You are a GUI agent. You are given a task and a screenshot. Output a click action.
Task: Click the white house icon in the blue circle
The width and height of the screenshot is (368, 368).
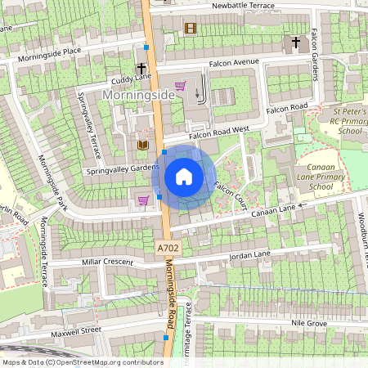(184, 177)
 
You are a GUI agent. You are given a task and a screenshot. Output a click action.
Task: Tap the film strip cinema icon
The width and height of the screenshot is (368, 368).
(191, 29)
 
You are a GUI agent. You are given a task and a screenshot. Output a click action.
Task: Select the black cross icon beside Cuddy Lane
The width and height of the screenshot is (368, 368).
(141, 69)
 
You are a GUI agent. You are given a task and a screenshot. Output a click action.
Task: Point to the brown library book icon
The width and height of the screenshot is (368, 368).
(142, 145)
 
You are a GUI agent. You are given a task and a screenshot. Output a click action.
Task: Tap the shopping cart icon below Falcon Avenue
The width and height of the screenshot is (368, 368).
(180, 85)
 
